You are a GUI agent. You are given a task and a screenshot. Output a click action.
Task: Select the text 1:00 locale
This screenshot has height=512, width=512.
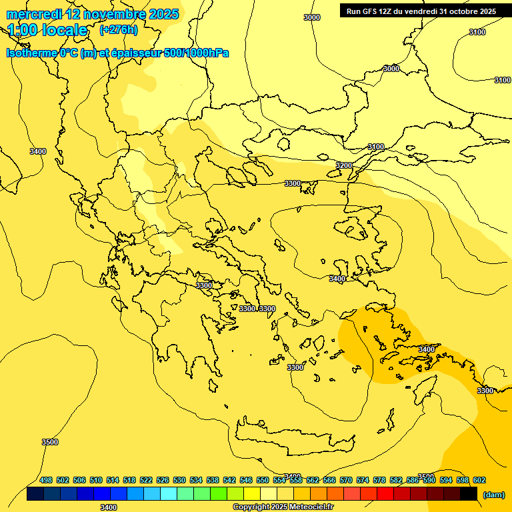tap(47, 30)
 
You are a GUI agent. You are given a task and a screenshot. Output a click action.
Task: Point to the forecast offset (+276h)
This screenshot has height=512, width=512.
tap(118, 30)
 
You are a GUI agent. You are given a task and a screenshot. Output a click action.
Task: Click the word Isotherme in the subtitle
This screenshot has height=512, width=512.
tap(31, 53)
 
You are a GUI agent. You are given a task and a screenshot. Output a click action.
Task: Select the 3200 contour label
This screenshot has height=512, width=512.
tap(344, 165)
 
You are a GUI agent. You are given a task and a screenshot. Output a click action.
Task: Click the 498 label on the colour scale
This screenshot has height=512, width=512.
tap(46, 481)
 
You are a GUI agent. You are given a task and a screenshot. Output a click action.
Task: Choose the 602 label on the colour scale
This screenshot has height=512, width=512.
tap(479, 481)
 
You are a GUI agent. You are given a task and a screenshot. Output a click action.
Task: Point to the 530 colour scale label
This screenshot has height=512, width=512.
tap(179, 481)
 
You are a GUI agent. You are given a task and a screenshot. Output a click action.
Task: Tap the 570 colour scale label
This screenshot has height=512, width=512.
tap(346, 481)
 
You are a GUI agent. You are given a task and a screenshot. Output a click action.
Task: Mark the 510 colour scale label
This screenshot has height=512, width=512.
tap(96, 481)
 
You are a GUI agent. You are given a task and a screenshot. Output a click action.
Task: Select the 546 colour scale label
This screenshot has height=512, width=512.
tap(246, 481)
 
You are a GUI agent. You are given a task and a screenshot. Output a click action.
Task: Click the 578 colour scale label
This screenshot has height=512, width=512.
tap(379, 481)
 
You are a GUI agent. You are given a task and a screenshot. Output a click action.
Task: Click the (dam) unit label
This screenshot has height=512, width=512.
tap(494, 494)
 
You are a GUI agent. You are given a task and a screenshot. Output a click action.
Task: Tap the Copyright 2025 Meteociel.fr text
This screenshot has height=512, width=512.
tap(283, 507)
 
